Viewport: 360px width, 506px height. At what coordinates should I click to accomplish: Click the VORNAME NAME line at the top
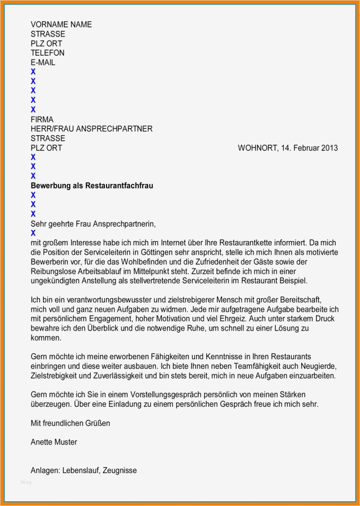point(61,24)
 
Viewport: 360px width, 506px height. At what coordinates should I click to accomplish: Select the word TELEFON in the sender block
point(48,53)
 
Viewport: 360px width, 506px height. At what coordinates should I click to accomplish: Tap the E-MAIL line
point(43,63)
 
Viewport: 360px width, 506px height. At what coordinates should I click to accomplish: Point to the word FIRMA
point(42,120)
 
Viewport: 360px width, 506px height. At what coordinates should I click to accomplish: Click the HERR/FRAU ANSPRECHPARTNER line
point(91,129)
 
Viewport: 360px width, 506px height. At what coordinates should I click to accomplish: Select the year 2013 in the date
point(329,148)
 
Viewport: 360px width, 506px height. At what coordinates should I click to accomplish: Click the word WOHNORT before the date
point(257,148)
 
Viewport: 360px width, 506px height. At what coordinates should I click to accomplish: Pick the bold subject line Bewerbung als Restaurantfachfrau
point(92,186)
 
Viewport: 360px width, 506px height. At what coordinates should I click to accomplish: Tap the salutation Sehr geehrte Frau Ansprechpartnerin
point(93,224)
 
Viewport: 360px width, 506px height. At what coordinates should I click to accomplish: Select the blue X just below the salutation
point(33,233)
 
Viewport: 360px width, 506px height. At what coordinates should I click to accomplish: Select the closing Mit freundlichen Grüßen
point(71,423)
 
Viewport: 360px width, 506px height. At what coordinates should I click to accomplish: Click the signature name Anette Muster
point(54,442)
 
